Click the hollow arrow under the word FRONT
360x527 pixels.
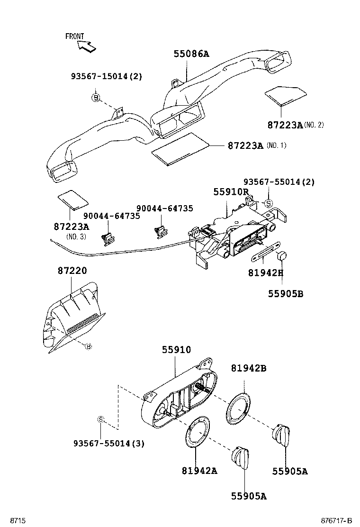pos(87,46)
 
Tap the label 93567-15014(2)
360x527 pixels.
pos(107,76)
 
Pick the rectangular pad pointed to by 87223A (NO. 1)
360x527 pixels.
pos(180,150)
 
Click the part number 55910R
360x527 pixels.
pos(231,192)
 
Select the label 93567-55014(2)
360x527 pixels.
pos(279,182)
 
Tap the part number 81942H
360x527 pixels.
pos(265,273)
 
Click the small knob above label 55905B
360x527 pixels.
pos(283,256)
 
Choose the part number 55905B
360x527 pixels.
pos(285,294)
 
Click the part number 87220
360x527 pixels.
pos(72,271)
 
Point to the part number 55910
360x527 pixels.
pos(176,350)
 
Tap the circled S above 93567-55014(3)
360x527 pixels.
pos(100,419)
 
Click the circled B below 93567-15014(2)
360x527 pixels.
pos(96,98)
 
